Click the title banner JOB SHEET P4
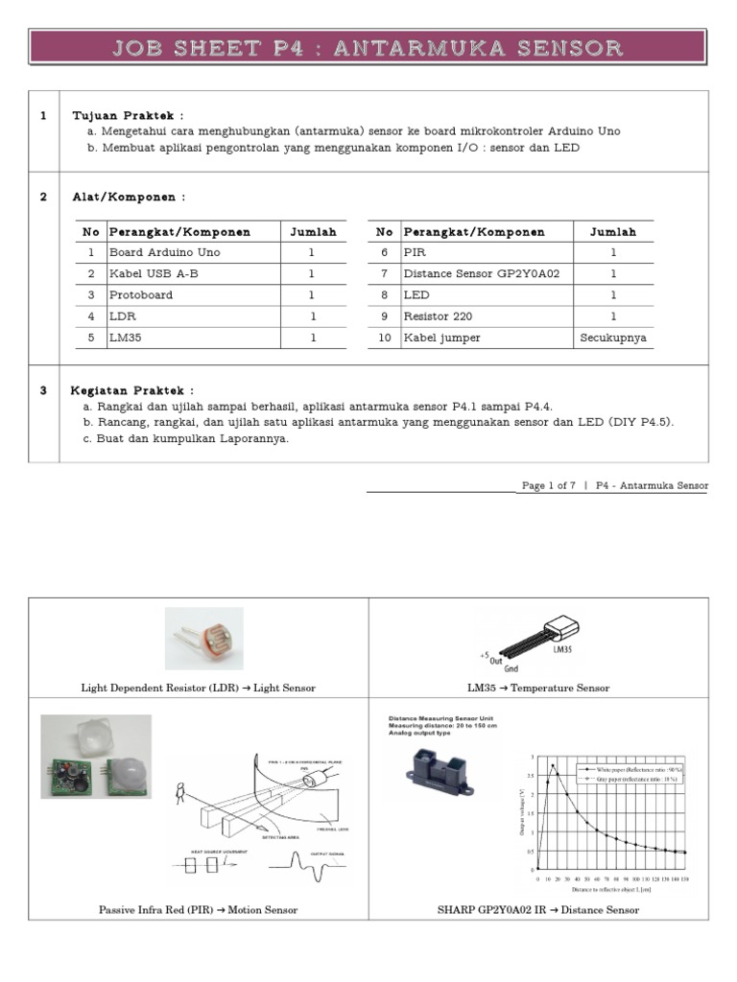[368, 48]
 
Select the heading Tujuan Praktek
[128, 115]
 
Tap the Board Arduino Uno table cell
[164, 253]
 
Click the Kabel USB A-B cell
[155, 274]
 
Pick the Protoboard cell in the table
[141, 295]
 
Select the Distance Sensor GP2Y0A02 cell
[468, 274]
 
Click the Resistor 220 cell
[438, 316]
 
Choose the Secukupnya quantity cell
[613, 338]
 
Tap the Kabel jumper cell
[441, 338]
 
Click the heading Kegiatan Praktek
[132, 390]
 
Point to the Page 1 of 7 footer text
[548, 486]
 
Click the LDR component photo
[203, 638]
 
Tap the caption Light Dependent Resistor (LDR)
[199, 688]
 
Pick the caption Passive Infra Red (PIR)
[199, 909]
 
